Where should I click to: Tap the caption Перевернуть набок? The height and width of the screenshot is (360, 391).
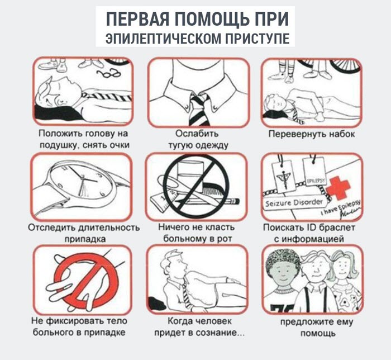(312, 135)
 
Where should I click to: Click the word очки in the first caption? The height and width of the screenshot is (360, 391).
(118, 145)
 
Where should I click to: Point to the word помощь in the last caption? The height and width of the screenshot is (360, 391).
(313, 334)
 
